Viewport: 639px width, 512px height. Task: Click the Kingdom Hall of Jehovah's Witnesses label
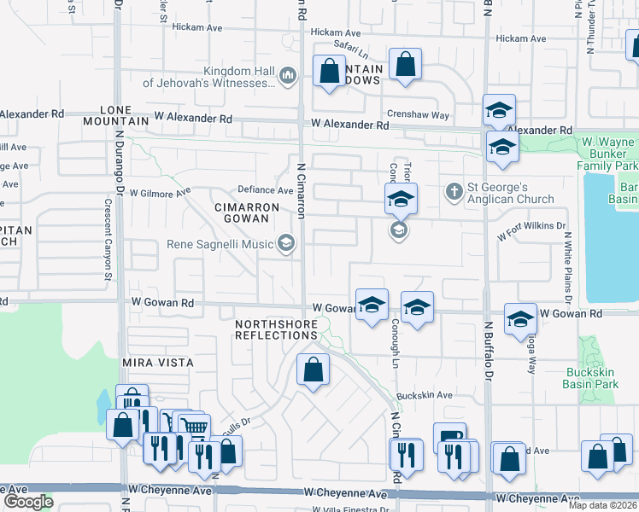(x=208, y=77)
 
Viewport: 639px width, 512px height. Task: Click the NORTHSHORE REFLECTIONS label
(x=277, y=330)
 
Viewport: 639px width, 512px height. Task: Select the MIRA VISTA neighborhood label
(x=158, y=363)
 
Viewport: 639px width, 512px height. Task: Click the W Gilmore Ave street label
(x=161, y=194)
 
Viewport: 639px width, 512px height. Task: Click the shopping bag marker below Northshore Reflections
(x=314, y=370)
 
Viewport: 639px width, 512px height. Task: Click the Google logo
(x=28, y=502)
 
